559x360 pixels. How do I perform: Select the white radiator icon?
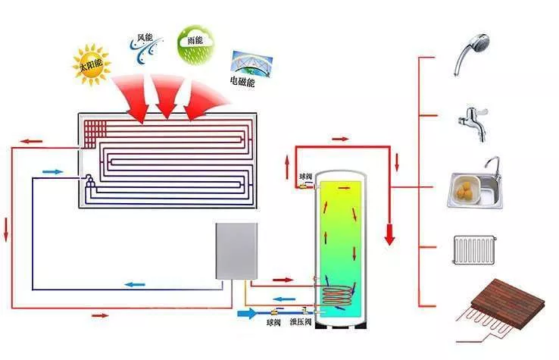(x=474, y=249)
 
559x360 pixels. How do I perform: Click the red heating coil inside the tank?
(x=336, y=294)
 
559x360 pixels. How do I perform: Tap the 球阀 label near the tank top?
(x=304, y=176)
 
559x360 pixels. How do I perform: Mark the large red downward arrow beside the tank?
(x=390, y=232)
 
